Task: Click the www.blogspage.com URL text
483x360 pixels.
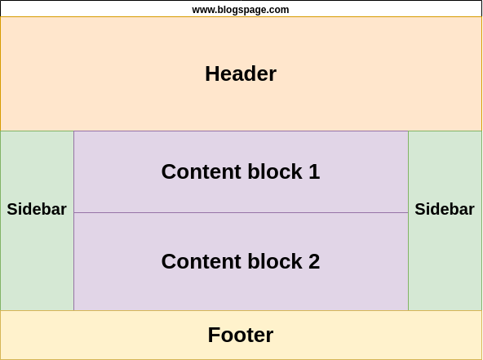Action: click(241, 10)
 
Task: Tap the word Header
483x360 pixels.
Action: click(241, 74)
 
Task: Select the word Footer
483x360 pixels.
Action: click(241, 335)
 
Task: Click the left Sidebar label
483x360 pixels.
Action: click(37, 209)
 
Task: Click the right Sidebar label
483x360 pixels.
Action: click(445, 209)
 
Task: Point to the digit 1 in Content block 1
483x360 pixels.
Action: click(314, 171)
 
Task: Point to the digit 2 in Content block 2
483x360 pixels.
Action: click(314, 262)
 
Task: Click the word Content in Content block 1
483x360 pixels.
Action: click(202, 171)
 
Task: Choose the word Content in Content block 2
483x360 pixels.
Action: click(202, 262)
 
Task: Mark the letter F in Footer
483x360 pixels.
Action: click(214, 335)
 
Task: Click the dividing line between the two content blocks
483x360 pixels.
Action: click(241, 213)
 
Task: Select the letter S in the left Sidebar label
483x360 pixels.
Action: click(12, 209)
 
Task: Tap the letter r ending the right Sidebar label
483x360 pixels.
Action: click(471, 211)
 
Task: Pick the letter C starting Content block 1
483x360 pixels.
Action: click(169, 171)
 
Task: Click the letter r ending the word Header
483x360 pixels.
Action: click(273, 76)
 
